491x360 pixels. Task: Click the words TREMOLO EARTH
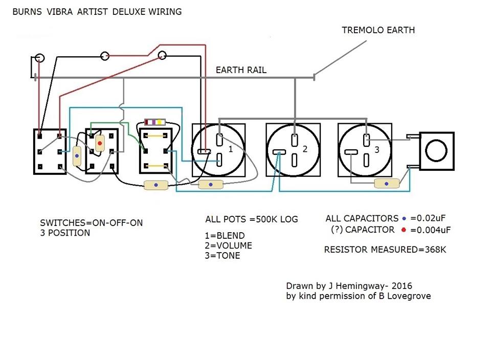click(x=378, y=30)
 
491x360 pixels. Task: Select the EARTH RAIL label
click(x=241, y=70)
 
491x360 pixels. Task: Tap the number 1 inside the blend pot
click(x=231, y=149)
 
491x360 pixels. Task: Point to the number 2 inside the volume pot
click(x=305, y=149)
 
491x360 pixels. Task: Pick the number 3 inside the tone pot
click(x=377, y=150)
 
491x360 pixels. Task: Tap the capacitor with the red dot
click(x=100, y=144)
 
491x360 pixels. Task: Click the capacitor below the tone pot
click(x=387, y=183)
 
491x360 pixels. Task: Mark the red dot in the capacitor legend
click(x=404, y=230)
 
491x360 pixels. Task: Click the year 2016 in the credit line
click(x=403, y=286)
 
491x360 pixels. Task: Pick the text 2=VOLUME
click(x=229, y=245)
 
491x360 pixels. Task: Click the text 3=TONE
click(x=222, y=255)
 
